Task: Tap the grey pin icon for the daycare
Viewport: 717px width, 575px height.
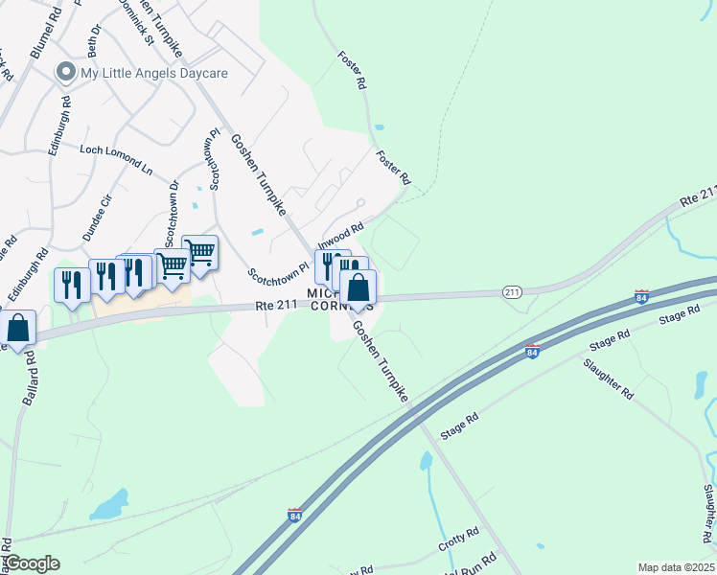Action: tap(66, 72)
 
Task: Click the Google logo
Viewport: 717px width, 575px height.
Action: tap(32, 563)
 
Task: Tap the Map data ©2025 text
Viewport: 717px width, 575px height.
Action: tap(675, 567)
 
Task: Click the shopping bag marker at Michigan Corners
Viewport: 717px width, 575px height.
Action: tap(358, 287)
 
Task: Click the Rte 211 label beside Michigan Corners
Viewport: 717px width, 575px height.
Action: tap(278, 305)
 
